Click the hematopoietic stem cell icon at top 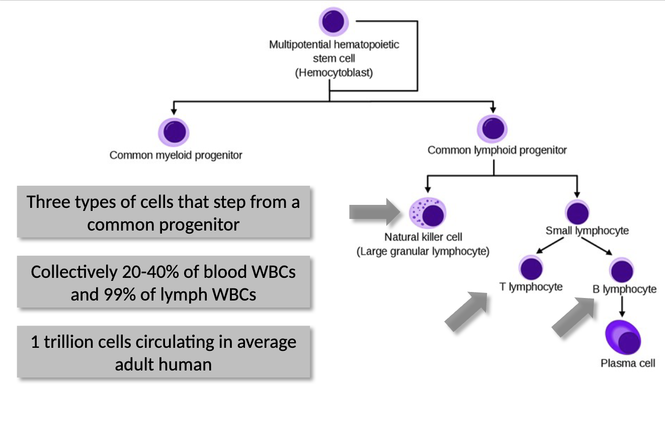pos(334,22)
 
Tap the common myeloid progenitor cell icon pos(174,132)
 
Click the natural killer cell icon pos(428,213)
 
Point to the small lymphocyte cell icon pos(577,212)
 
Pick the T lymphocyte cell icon pos(531,268)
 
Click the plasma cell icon pos(624,338)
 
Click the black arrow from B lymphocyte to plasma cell pos(622,306)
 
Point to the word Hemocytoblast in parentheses pos(334,72)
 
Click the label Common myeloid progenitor pos(176,155)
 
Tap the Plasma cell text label pos(628,363)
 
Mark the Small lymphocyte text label pos(587,231)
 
